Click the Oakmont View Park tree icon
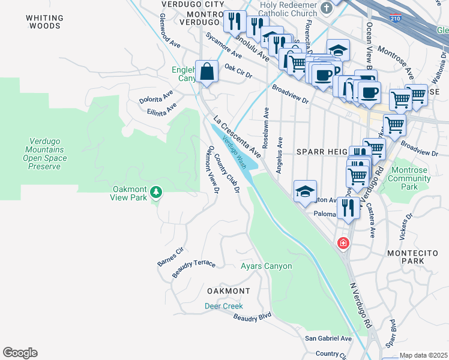click(156, 191)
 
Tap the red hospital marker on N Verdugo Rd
click(343, 243)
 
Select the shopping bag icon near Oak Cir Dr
click(206, 73)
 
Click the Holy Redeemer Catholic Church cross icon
click(327, 8)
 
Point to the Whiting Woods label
click(43, 22)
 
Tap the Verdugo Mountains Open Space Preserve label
click(43, 154)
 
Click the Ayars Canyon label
click(266, 266)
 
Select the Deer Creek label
click(223, 305)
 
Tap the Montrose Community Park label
click(408, 178)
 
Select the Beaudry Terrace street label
click(193, 269)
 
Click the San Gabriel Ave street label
click(328, 338)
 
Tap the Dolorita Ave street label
click(156, 97)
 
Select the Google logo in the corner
click(20, 353)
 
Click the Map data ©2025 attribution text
click(423, 355)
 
